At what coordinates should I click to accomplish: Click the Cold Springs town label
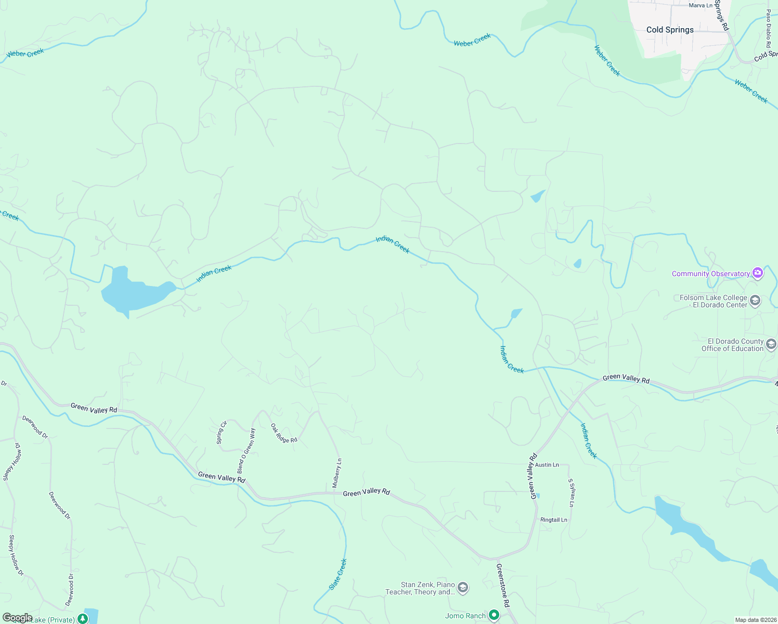coord(670,30)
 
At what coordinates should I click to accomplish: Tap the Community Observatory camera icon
coord(758,274)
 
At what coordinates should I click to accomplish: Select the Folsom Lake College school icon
coord(755,301)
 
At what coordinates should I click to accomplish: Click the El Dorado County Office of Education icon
coord(771,344)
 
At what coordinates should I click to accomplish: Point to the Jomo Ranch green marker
coord(494,616)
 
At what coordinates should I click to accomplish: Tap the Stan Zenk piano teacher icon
coord(462,588)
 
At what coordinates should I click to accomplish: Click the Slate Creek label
coord(338,574)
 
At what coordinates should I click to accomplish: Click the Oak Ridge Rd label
coord(284,433)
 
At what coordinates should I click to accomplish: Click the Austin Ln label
coord(547,465)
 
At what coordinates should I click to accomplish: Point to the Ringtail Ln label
coord(554,520)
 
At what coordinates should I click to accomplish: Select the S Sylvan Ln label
coord(571,493)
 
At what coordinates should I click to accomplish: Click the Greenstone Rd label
coord(503,586)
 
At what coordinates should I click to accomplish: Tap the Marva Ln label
coord(701,6)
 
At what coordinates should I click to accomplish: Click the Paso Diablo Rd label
coord(768,29)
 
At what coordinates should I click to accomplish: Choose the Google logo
coord(17,618)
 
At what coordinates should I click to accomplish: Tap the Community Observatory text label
coord(710,274)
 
